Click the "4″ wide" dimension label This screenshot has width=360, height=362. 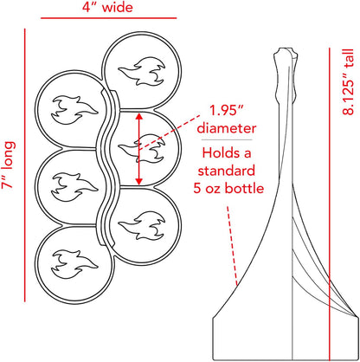pyautogui.click(x=107, y=7)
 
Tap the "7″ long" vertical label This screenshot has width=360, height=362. pyautogui.click(x=8, y=165)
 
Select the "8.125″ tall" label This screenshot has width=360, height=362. pyautogui.click(x=348, y=82)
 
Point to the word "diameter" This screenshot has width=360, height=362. pyautogui.click(x=227, y=128)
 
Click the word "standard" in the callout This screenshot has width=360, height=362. pyautogui.click(x=227, y=171)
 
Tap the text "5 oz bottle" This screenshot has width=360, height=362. pyautogui.click(x=228, y=189)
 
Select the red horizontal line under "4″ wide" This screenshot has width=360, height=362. pyautogui.click(x=108, y=18)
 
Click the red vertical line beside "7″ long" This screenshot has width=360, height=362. pyautogui.click(x=25, y=165)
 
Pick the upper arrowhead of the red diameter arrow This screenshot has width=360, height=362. pyautogui.click(x=139, y=116)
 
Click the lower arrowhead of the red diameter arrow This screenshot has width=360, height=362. pyautogui.click(x=139, y=181)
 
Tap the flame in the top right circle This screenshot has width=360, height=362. pyautogui.click(x=142, y=72)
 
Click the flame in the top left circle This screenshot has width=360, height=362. pyautogui.click(x=74, y=110)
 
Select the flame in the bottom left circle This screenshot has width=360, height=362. pyautogui.click(x=74, y=264)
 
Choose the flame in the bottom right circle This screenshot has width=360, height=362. pyautogui.click(x=142, y=226)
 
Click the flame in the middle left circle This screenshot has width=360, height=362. pyautogui.click(x=74, y=187)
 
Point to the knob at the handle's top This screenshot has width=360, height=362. pyautogui.click(x=285, y=54)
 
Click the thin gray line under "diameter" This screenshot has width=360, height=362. pyautogui.click(x=227, y=140)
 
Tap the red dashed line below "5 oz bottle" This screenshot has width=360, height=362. pyautogui.click(x=233, y=246)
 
